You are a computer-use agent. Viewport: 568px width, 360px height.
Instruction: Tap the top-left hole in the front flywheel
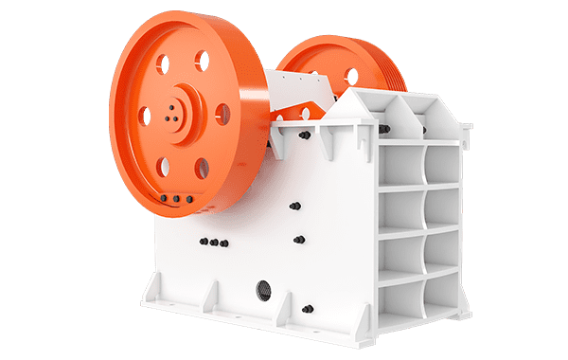[162, 64]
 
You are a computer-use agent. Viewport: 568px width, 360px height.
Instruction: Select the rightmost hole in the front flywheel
[222, 115]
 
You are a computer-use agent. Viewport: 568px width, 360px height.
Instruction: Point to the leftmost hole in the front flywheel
[145, 116]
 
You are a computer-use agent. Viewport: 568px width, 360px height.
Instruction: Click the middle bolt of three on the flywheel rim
[175, 198]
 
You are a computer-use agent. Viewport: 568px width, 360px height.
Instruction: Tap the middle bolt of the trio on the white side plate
[214, 243]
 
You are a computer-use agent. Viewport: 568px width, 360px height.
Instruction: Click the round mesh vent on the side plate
[262, 287]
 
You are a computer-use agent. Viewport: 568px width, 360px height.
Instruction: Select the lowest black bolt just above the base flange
[307, 309]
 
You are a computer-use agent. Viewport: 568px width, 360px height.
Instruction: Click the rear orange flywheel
[322, 66]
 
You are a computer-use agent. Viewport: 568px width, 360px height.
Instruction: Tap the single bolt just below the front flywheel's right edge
[295, 206]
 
